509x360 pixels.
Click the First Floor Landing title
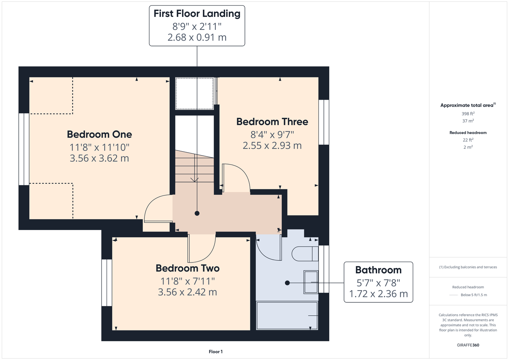[x=197, y=13]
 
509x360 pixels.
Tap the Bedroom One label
[x=99, y=134]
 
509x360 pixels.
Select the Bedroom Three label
[x=272, y=122]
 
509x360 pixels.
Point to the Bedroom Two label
[x=187, y=268]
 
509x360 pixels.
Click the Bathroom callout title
[x=378, y=270]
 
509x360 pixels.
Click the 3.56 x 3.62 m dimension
[x=99, y=158]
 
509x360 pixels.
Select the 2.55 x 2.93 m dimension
[x=272, y=145]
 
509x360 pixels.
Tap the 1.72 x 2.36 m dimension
[x=378, y=294]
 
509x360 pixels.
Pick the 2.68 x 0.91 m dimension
[x=197, y=37]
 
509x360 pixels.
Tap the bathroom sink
[x=311, y=282]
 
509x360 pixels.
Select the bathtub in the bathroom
[x=287, y=315]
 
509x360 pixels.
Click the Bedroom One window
[x=24, y=149]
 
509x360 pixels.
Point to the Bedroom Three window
[x=323, y=122]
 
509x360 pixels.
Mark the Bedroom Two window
[x=107, y=283]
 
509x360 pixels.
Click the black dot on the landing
[x=197, y=213]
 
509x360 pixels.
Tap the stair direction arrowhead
[x=195, y=180]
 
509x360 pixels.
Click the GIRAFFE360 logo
[x=468, y=345]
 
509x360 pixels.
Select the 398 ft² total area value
[x=468, y=113]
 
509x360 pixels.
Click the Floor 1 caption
[x=216, y=352]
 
